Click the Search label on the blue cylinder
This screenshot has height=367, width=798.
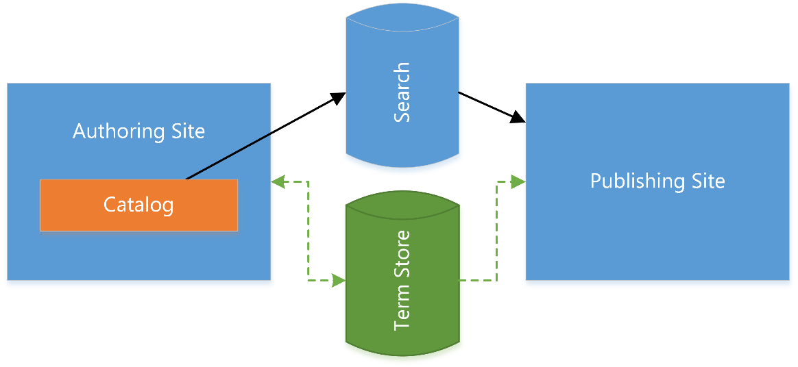(x=402, y=92)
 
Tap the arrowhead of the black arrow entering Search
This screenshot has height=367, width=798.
(x=339, y=97)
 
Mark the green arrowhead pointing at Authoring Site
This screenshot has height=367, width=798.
(x=277, y=181)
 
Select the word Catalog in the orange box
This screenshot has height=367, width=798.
(x=138, y=205)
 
